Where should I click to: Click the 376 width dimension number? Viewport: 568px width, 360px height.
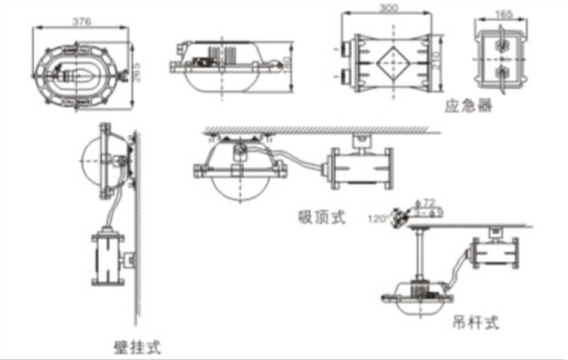point(82,21)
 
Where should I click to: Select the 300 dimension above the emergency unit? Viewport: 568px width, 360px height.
point(388,8)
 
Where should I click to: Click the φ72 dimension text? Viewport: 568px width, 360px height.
point(428,203)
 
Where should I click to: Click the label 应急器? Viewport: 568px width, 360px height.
point(468,106)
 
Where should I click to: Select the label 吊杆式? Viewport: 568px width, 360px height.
point(476,322)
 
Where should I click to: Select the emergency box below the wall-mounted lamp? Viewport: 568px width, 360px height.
point(107,259)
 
